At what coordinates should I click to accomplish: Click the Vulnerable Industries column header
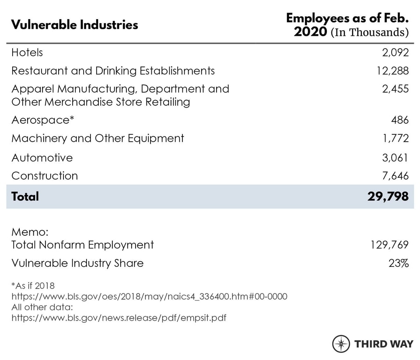(74, 24)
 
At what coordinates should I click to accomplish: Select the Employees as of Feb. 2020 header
(347, 25)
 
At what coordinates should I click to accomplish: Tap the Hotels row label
(27, 52)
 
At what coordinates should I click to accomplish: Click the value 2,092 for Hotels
(395, 52)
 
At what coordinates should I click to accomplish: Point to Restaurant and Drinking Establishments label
(113, 71)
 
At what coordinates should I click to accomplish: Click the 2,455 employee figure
(395, 89)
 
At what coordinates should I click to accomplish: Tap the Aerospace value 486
(400, 120)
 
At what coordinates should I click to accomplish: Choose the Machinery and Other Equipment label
(98, 139)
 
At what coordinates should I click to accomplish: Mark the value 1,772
(395, 139)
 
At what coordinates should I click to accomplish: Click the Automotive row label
(42, 157)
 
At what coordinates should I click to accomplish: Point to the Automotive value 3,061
(395, 157)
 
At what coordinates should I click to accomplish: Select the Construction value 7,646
(395, 176)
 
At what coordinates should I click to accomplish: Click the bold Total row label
(25, 196)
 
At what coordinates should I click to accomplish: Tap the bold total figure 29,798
(388, 196)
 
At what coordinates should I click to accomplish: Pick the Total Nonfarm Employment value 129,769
(389, 245)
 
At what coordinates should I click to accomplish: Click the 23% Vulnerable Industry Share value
(399, 263)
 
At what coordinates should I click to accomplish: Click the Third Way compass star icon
(341, 343)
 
